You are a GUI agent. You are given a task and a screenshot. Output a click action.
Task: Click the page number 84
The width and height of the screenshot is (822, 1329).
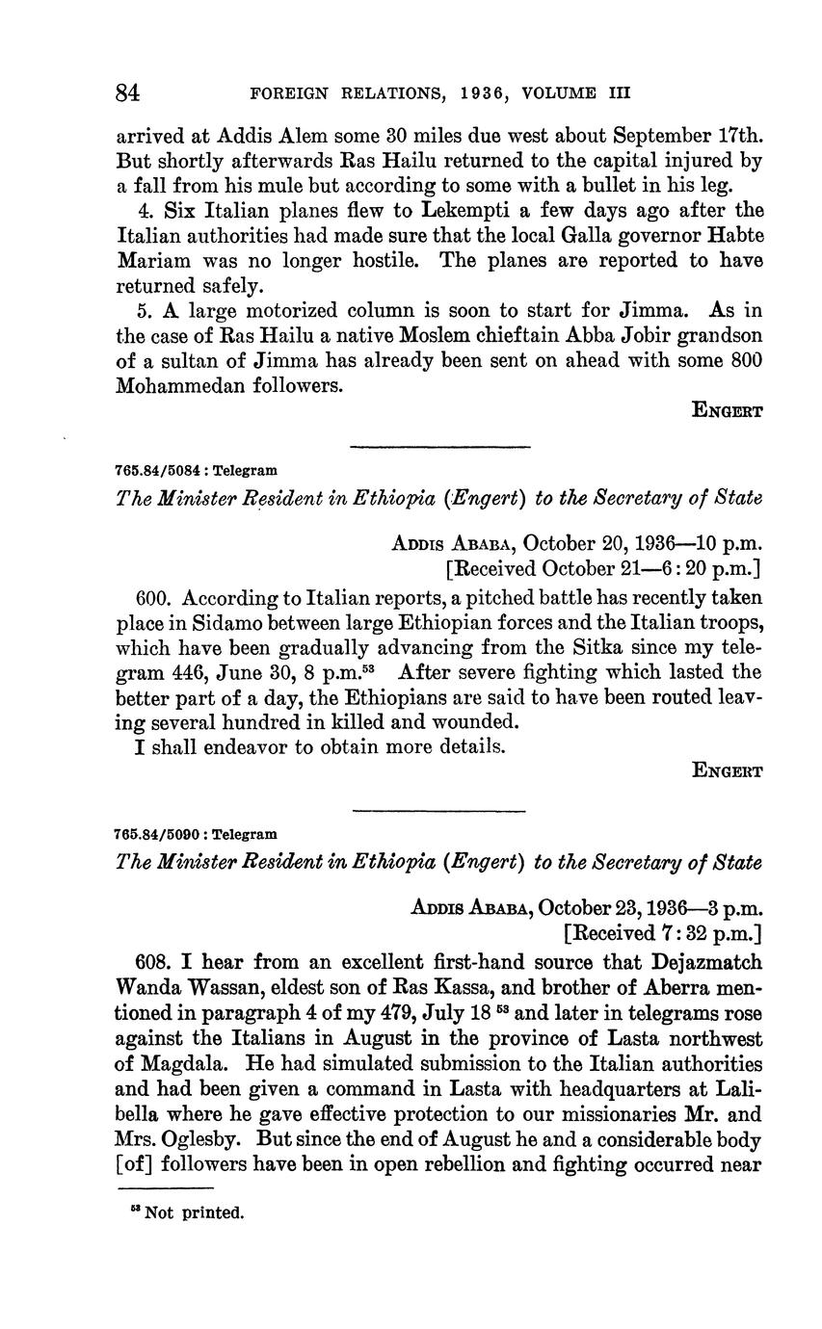coord(128,92)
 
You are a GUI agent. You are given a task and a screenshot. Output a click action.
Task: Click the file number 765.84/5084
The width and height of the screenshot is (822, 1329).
coord(158,471)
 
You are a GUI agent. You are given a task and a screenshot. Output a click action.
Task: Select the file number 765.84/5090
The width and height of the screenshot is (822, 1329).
coord(158,834)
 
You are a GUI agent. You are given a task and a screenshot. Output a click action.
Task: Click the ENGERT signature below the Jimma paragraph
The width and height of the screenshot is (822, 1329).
coord(729,411)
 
